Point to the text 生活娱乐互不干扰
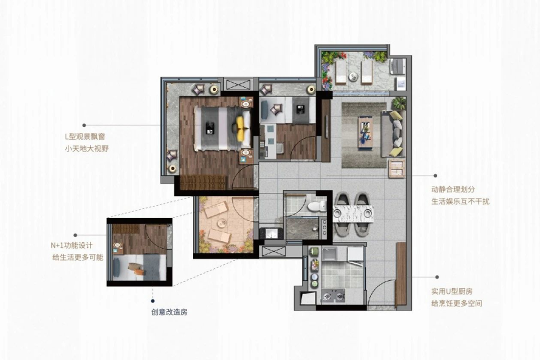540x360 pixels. pyautogui.click(x=460, y=201)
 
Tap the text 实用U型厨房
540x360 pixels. pyautogui.click(x=453, y=291)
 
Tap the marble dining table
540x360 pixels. pyautogui.click(x=353, y=214)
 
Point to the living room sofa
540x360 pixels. pyautogui.click(x=394, y=131)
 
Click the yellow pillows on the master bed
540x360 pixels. pyautogui.click(x=242, y=128)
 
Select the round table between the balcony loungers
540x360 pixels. pyautogui.click(x=353, y=76)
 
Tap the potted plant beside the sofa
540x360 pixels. pyautogui.click(x=398, y=103)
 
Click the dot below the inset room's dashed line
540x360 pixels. pyautogui.click(x=152, y=301)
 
